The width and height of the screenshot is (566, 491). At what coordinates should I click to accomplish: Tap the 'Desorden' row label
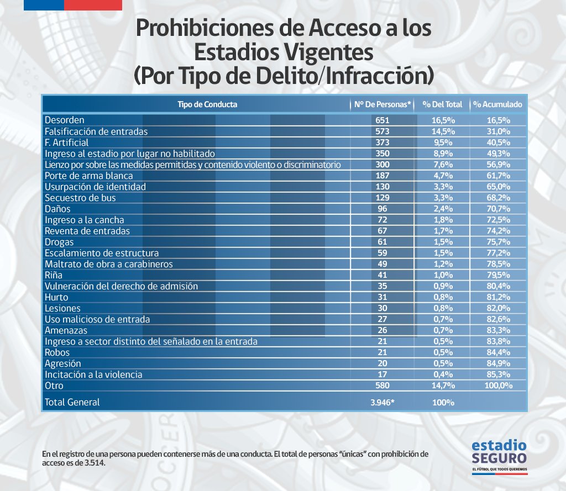pyautogui.click(x=64, y=120)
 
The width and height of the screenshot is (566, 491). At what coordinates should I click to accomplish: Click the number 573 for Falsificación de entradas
pyautogui.click(x=382, y=131)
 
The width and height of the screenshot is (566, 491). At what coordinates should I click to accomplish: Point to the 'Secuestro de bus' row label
pyautogui.click(x=80, y=198)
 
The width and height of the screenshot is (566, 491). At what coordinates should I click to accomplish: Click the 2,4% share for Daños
pyautogui.click(x=442, y=209)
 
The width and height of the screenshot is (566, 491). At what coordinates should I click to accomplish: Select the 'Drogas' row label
pyautogui.click(x=59, y=242)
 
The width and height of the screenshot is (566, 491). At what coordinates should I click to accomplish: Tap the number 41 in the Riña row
pyautogui.click(x=382, y=275)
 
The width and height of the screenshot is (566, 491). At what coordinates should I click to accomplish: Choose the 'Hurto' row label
pyautogui.click(x=56, y=297)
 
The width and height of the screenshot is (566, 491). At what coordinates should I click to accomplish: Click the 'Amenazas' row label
pyautogui.click(x=66, y=330)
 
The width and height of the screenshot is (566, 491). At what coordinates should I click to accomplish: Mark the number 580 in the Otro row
pyautogui.click(x=382, y=386)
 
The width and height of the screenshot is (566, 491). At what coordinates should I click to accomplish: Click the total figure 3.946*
pyautogui.click(x=382, y=403)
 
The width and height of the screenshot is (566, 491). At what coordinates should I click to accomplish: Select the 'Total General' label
pyautogui.click(x=72, y=402)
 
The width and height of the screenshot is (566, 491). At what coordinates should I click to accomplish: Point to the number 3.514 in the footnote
pyautogui.click(x=95, y=463)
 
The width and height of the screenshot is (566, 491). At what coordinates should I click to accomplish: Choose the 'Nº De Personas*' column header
pyautogui.click(x=382, y=104)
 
